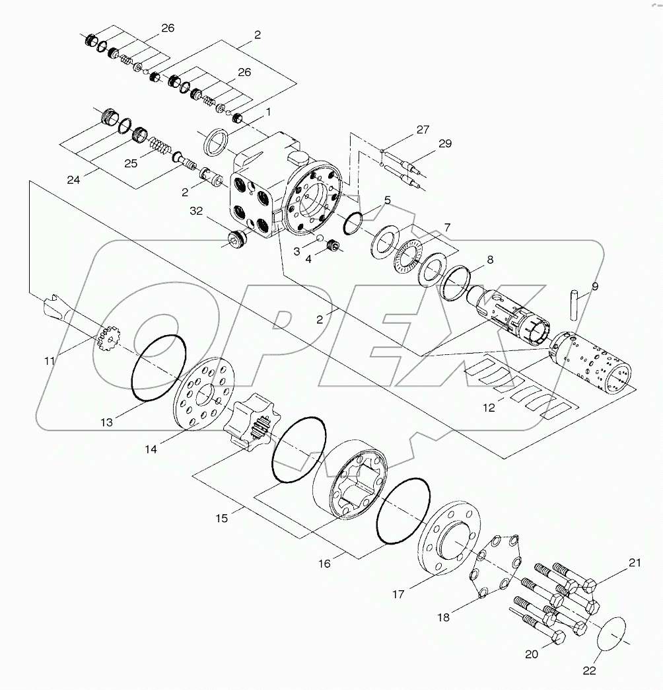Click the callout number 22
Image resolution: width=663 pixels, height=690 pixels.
(x=589, y=670)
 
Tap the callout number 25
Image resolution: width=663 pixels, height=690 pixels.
(x=131, y=163)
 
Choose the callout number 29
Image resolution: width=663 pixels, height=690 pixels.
(x=445, y=143)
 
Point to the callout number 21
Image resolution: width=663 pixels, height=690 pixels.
(x=635, y=563)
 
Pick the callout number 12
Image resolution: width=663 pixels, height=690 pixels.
(x=488, y=408)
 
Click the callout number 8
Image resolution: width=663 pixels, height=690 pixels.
(x=489, y=260)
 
